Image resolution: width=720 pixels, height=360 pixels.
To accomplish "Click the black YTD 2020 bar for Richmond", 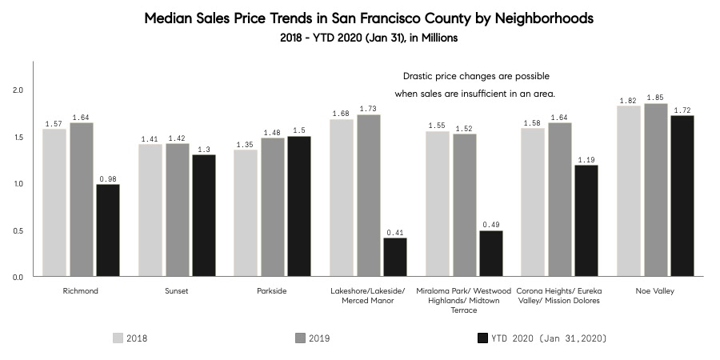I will pyautogui.click(x=107, y=230).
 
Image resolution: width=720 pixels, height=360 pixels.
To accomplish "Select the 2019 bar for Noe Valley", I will pyautogui.click(x=655, y=190).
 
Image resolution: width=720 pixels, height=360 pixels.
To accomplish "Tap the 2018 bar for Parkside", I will pyautogui.click(x=246, y=213).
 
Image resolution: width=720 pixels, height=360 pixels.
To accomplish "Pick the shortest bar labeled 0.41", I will pyautogui.click(x=394, y=257).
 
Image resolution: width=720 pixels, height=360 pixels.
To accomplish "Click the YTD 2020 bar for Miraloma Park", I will pyautogui.click(x=490, y=254).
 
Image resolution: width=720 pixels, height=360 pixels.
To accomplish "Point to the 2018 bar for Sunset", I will pyautogui.click(x=150, y=210).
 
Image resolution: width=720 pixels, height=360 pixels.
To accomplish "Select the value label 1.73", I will pyautogui.click(x=369, y=107).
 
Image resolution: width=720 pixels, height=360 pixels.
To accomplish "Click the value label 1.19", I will pyautogui.click(x=586, y=158).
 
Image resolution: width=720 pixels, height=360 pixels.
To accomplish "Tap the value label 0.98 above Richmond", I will pyautogui.click(x=107, y=178).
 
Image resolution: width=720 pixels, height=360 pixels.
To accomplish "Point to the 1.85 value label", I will pyautogui.click(x=655, y=96).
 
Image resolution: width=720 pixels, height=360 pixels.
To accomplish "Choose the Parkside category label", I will pyautogui.click(x=271, y=291).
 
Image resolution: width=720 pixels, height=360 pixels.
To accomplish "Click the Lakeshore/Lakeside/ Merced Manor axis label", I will pyautogui.click(x=368, y=296).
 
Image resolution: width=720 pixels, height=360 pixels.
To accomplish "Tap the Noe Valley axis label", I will pyautogui.click(x=654, y=291).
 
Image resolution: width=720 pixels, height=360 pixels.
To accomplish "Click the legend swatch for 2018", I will pyautogui.click(x=118, y=338).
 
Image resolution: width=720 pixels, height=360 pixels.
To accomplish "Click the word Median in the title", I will pyautogui.click(x=170, y=18).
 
